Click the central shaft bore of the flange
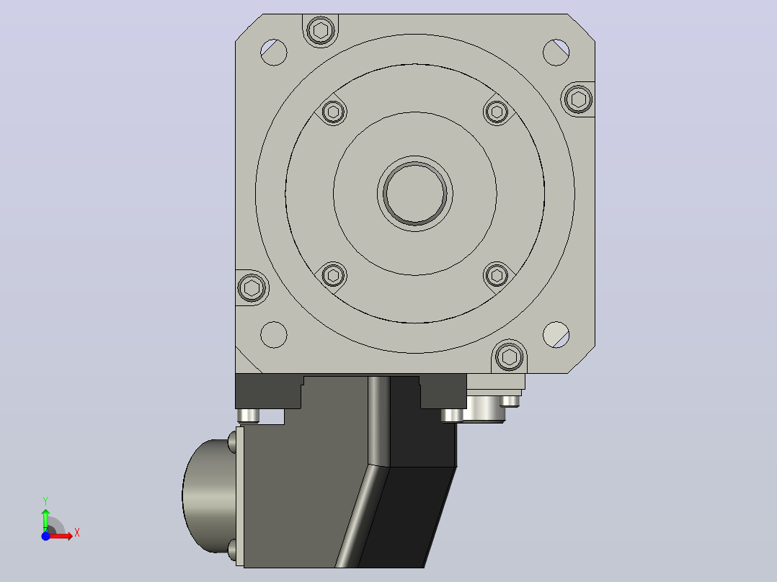coord(414,193)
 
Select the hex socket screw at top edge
coord(321,31)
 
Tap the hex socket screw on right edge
coord(578,99)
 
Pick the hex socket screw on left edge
coord(252,287)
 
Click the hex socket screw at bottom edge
coord(510,356)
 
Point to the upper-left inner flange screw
coord(334,112)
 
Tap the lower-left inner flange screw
coord(334,275)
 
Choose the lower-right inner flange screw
coord(497,275)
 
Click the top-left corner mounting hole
coord(274,52)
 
